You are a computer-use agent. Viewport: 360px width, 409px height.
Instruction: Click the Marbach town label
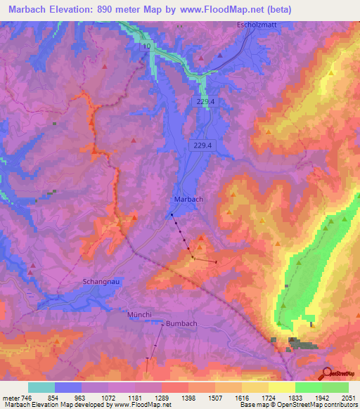point(188,199)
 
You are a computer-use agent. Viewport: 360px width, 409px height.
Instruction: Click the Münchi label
point(140,313)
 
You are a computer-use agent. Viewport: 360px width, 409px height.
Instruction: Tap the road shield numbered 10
point(147,46)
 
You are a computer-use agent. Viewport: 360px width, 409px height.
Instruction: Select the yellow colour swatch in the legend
point(282,387)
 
